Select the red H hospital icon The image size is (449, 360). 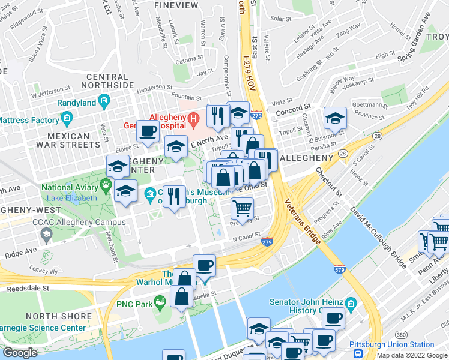coord(193,119)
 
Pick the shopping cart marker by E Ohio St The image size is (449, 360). coord(243,208)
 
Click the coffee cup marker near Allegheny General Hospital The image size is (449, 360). coord(148,131)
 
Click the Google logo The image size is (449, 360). coord(20,353)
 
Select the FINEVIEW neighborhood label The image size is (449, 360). coord(176,5)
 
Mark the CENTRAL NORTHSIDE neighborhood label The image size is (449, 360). coord(110,81)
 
